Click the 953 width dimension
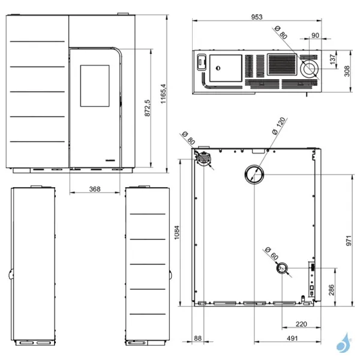point(257,17)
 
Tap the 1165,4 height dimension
point(163,94)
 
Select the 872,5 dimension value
point(148,108)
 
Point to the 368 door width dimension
point(95,189)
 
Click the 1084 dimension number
point(177,233)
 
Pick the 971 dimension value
point(349,241)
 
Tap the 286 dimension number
point(331,290)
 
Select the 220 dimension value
point(301,324)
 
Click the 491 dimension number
point(292,338)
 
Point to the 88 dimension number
point(197,338)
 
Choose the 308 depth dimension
point(347,71)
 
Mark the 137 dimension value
point(332,59)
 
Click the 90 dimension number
point(315,35)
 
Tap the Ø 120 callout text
point(279,126)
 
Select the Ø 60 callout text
point(271,253)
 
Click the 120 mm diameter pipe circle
point(254,174)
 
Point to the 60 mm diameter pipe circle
point(282,268)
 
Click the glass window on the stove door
point(95,86)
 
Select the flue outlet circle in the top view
point(310,68)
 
